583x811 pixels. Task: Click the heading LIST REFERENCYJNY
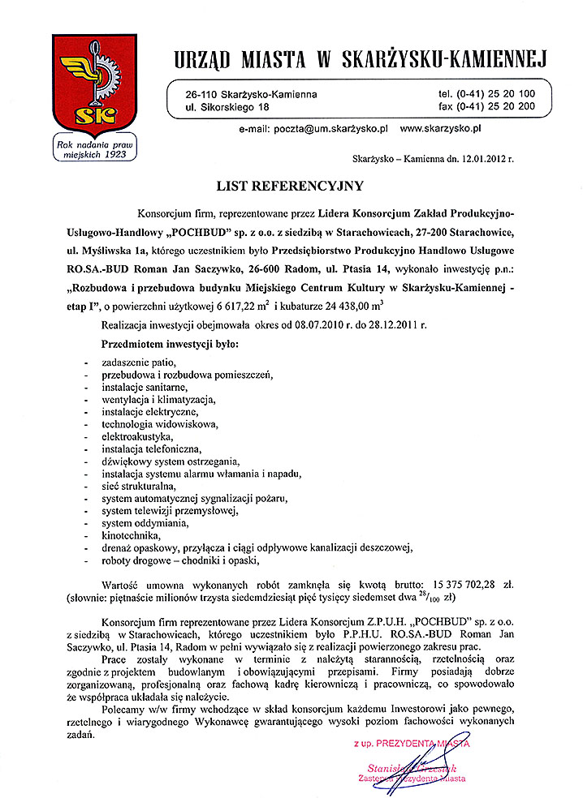[290, 186]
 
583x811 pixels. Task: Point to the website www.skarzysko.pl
[442, 128]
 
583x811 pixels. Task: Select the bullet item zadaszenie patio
[139, 361]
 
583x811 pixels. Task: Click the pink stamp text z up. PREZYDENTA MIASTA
[411, 742]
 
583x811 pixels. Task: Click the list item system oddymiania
[140, 522]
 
